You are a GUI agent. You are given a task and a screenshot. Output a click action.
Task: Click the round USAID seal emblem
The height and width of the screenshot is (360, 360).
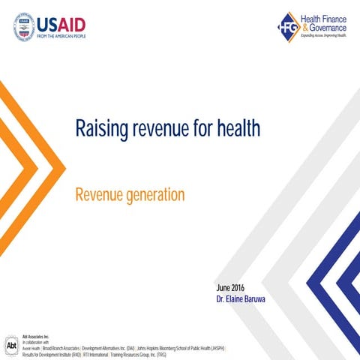tap(24, 27)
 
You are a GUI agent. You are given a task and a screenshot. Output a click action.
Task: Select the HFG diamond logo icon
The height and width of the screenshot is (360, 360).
tap(288, 27)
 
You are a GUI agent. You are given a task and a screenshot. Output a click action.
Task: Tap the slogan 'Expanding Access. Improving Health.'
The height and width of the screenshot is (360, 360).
tap(323, 35)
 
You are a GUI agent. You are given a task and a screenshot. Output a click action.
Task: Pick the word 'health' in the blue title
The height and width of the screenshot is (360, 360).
tap(236, 129)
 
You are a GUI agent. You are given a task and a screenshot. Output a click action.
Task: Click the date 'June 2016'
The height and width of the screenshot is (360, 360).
tap(230, 287)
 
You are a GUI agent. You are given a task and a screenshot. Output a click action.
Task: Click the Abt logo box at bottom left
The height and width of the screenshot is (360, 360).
tap(11, 346)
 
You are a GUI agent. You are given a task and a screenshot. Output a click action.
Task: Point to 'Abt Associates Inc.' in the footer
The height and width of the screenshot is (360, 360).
tap(36, 337)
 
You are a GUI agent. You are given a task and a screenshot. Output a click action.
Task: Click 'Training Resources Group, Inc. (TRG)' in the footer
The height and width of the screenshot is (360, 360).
tap(138, 354)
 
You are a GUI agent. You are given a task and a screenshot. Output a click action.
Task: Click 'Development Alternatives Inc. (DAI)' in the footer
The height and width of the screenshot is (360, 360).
tap(108, 349)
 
